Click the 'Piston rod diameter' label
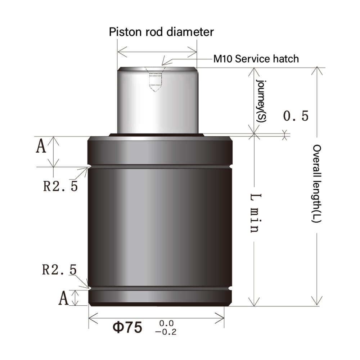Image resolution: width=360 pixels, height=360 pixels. click(x=161, y=32)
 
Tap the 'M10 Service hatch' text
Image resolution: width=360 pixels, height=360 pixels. click(x=256, y=58)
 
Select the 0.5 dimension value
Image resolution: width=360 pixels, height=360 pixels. click(x=296, y=116)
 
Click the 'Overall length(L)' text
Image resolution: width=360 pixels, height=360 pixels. click(x=316, y=184)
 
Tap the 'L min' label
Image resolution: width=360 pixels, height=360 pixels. click(x=255, y=212)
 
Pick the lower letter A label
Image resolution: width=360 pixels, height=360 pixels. click(x=63, y=298)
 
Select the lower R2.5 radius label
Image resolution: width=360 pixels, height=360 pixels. click(x=59, y=269)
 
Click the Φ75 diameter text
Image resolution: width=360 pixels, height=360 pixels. click(x=127, y=327)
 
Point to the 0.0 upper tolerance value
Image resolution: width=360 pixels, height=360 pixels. click(x=166, y=323)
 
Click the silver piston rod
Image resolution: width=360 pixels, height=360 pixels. click(x=157, y=104)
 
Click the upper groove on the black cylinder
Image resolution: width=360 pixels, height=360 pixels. click(x=160, y=166)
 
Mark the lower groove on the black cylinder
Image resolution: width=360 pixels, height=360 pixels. click(x=160, y=288)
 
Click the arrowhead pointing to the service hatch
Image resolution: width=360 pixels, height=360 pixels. click(x=163, y=63)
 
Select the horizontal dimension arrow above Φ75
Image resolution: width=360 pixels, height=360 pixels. click(x=157, y=318)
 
